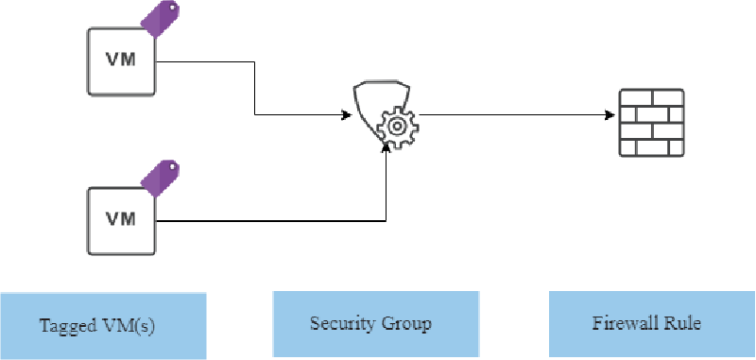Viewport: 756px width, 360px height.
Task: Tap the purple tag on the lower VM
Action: pos(160,177)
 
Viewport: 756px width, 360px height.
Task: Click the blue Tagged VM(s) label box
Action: pos(103,326)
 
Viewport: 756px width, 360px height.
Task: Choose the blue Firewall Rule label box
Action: pos(646,324)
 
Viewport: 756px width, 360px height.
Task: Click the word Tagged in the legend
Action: pos(65,327)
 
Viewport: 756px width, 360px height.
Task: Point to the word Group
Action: pos(408,324)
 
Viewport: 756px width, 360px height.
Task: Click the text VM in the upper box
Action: pos(120,59)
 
